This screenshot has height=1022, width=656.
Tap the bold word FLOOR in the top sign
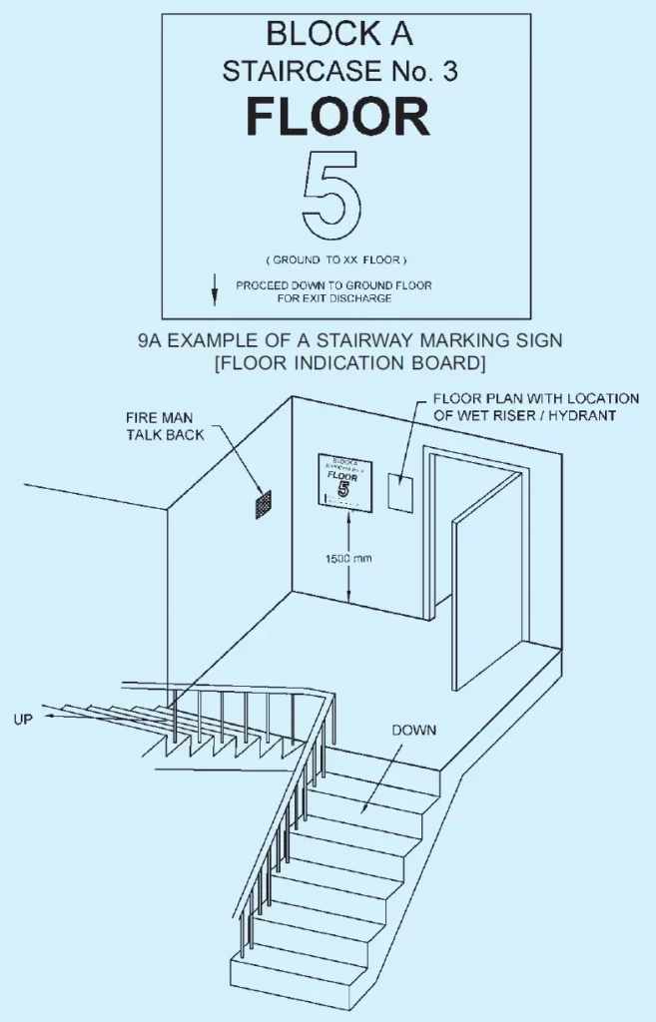click(337, 117)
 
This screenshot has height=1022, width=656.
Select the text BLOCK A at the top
click(338, 34)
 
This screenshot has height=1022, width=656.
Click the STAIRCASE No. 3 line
click(338, 71)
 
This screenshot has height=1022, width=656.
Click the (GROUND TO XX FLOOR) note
click(337, 259)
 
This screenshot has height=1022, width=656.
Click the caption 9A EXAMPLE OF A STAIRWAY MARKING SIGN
click(349, 340)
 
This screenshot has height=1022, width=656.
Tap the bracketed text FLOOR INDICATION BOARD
click(349, 359)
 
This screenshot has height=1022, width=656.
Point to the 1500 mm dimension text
click(348, 559)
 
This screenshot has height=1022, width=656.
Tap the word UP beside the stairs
click(25, 719)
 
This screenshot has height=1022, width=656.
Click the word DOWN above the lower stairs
click(413, 730)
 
